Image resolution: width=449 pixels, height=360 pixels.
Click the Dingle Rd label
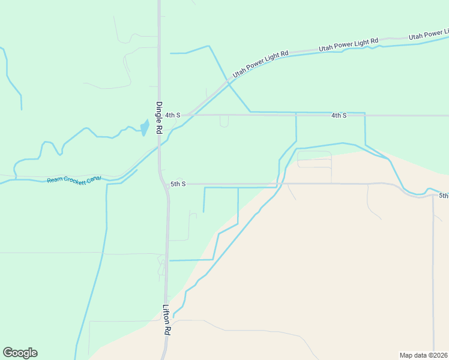160,117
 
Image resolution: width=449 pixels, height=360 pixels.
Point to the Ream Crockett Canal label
74,179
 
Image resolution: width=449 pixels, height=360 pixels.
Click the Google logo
20,353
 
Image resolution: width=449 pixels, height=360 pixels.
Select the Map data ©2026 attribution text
423,355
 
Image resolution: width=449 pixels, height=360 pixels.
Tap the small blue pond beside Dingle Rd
145,128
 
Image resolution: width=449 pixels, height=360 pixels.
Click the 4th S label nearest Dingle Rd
173,115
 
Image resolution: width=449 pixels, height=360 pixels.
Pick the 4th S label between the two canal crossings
339,115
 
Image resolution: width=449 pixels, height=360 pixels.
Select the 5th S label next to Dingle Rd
178,184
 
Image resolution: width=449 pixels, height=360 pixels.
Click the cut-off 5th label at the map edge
443,196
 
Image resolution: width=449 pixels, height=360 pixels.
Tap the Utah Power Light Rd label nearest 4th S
261,63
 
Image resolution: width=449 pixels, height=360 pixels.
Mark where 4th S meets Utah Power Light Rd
187,115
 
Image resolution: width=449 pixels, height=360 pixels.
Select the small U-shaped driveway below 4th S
224,122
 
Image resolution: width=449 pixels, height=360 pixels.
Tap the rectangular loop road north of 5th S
315,159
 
